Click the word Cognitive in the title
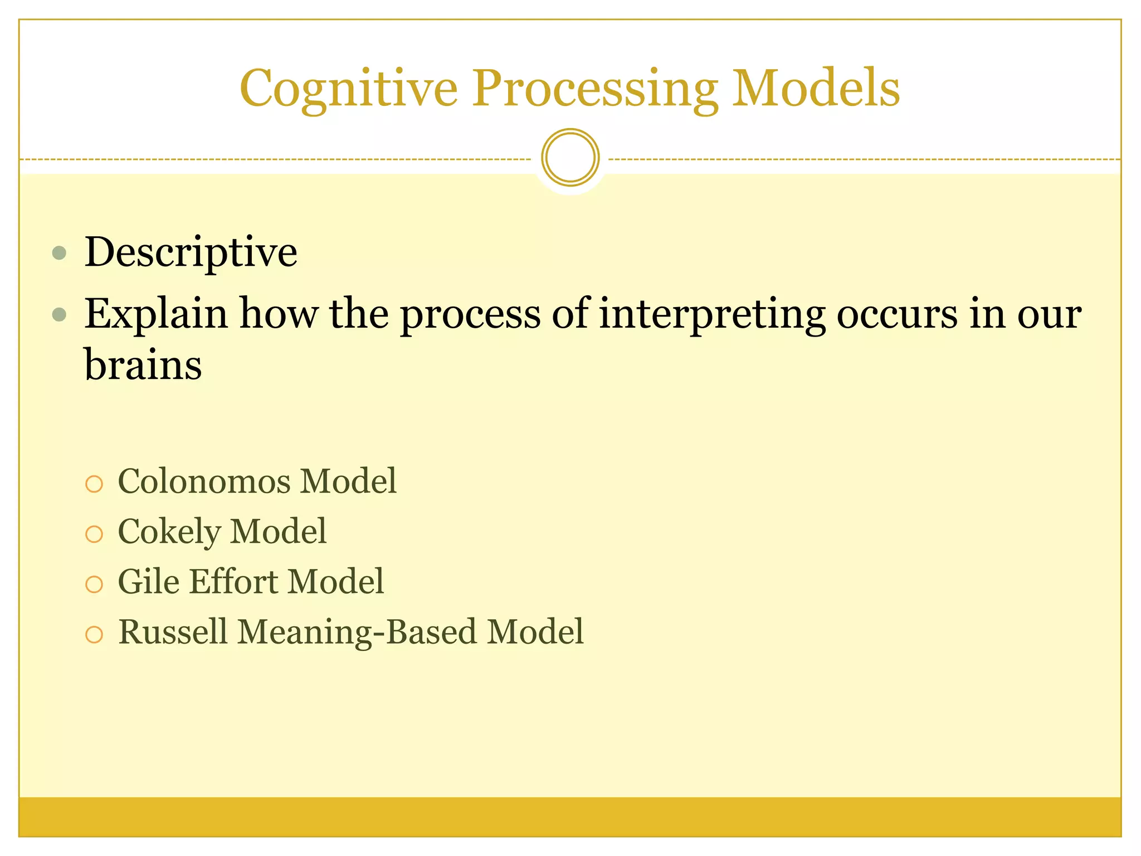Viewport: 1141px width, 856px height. pyautogui.click(x=348, y=89)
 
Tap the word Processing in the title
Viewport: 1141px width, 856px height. pyautogui.click(x=594, y=89)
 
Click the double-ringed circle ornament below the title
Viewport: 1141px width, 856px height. pyautogui.click(x=570, y=158)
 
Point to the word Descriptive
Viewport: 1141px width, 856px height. pyautogui.click(x=191, y=252)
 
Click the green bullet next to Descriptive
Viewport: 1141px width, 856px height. pyautogui.click(x=59, y=254)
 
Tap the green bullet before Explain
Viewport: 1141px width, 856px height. pyautogui.click(x=59, y=315)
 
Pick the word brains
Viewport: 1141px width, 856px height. pyautogui.click(x=143, y=365)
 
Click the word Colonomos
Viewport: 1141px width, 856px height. pyautogui.click(x=204, y=481)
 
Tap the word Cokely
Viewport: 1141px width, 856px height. pyautogui.click(x=169, y=532)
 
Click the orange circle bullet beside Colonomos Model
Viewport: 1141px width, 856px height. pyautogui.click(x=94, y=484)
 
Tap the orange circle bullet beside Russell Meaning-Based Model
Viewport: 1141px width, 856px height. pyautogui.click(x=94, y=635)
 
